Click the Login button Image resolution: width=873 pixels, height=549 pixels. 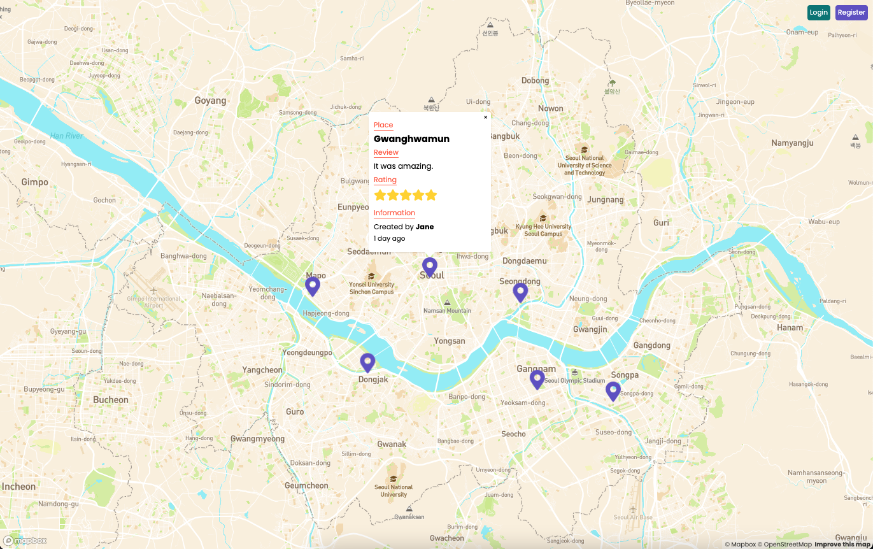[818, 13]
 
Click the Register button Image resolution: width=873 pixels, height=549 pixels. [851, 13]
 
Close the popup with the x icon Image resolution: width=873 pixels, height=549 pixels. [485, 117]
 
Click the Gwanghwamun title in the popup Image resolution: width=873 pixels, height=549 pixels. [411, 139]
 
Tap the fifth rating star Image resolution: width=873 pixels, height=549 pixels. [431, 195]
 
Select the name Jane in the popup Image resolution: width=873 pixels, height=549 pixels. [425, 227]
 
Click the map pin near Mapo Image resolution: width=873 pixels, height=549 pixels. [312, 286]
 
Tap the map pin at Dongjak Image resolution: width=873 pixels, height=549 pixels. [367, 362]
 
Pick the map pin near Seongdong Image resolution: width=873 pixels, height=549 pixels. [520, 292]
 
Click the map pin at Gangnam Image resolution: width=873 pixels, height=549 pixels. [537, 379]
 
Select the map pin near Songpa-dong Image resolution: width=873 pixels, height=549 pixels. [613, 390]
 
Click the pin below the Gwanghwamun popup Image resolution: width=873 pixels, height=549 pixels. [430, 266]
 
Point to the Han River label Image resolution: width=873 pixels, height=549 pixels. [67, 136]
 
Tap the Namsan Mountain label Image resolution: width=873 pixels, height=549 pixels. [447, 311]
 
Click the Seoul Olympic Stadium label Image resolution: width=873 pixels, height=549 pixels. [574, 380]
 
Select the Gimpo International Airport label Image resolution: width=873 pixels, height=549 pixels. [153, 301]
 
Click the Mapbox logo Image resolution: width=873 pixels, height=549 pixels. [25, 541]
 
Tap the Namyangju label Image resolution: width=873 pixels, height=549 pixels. [792, 143]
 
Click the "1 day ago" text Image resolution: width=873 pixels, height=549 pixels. [389, 239]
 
